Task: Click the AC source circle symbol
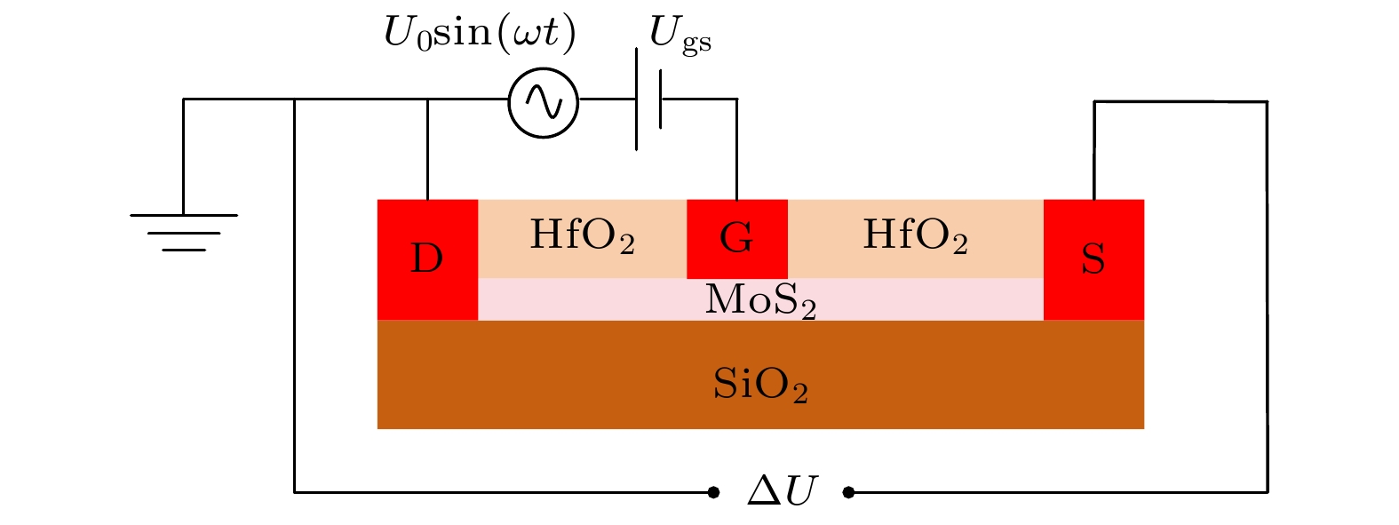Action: pyautogui.click(x=543, y=102)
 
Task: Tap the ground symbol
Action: pyautogui.click(x=184, y=231)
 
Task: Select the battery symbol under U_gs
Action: pyautogui.click(x=648, y=99)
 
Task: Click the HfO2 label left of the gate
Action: pyautogui.click(x=582, y=236)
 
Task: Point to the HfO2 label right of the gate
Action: pyautogui.click(x=915, y=236)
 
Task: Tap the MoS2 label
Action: pyautogui.click(x=760, y=300)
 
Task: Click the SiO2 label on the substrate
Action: pyautogui.click(x=760, y=385)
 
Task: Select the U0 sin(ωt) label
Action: pyautogui.click(x=480, y=34)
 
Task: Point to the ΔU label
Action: pyautogui.click(x=781, y=490)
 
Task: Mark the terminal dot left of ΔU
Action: pyautogui.click(x=713, y=491)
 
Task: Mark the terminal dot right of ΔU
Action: pyautogui.click(x=848, y=491)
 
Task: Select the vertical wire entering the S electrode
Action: pyautogui.click(x=1093, y=151)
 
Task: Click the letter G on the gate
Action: pyautogui.click(x=736, y=238)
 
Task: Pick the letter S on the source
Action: pyautogui.click(x=1093, y=259)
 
